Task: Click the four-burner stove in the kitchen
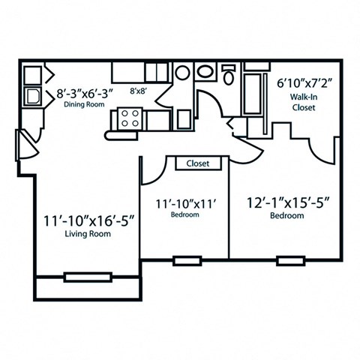pyautogui.click(x=128, y=118)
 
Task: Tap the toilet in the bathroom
pyautogui.click(x=229, y=76)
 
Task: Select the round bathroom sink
pyautogui.click(x=205, y=73)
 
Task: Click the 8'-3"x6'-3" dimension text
pyautogui.click(x=82, y=94)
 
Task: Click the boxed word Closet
pyautogui.click(x=198, y=163)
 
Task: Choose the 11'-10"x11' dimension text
pyautogui.click(x=184, y=202)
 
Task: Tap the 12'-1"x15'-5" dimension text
pyautogui.click(x=286, y=202)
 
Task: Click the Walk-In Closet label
pyautogui.click(x=303, y=101)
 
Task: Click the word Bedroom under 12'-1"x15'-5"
pyautogui.click(x=286, y=216)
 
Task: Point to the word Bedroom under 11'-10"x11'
pyautogui.click(x=184, y=215)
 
